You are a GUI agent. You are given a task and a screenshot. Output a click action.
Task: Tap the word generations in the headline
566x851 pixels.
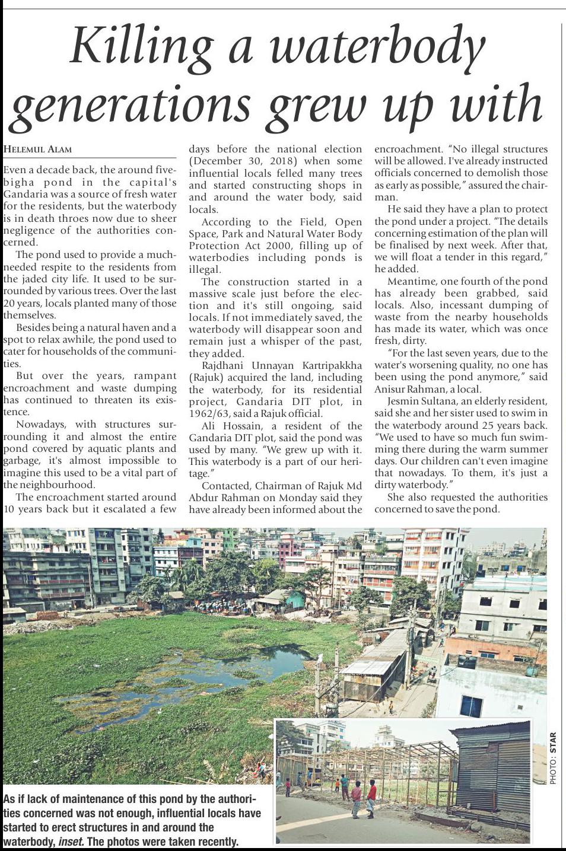coord(131,104)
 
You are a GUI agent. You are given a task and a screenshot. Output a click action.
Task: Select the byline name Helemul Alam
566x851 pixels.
coord(37,149)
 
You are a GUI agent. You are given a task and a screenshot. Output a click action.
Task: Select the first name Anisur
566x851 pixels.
coord(392,389)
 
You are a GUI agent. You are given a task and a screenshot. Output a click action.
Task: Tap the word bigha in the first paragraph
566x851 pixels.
coord(18,183)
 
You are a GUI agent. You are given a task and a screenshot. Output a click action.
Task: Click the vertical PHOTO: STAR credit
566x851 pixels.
coord(553,759)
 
